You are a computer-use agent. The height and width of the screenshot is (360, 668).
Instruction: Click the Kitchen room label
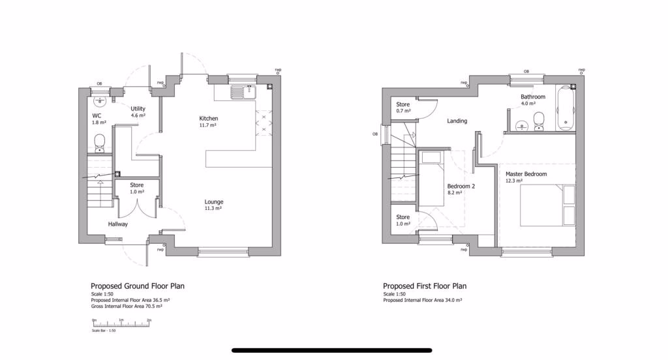tap(208, 118)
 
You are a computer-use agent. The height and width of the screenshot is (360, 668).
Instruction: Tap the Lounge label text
tap(213, 202)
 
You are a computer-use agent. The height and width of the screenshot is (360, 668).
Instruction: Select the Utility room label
tap(138, 109)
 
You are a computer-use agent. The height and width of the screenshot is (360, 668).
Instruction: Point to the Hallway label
tap(118, 224)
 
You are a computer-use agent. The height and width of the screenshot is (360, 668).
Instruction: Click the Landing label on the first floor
tap(457, 121)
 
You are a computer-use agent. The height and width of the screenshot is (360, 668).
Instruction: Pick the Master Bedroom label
tap(526, 174)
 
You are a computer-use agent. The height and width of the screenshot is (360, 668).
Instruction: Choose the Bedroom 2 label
tap(461, 186)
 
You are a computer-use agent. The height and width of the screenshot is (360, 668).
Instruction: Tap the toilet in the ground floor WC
tap(99, 142)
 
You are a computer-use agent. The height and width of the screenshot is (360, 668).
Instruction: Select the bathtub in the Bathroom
tap(565, 108)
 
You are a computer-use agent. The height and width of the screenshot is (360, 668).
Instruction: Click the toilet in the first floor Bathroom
tap(539, 121)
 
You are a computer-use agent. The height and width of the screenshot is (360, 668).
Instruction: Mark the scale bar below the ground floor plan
tap(122, 323)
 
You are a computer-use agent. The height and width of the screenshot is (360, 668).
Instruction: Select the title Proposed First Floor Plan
tap(425, 286)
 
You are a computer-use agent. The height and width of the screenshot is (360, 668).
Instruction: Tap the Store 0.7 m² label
tap(403, 111)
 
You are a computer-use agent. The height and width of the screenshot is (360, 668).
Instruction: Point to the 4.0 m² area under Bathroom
tap(528, 103)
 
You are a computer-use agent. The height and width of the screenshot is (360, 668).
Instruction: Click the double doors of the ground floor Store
tap(136, 208)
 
